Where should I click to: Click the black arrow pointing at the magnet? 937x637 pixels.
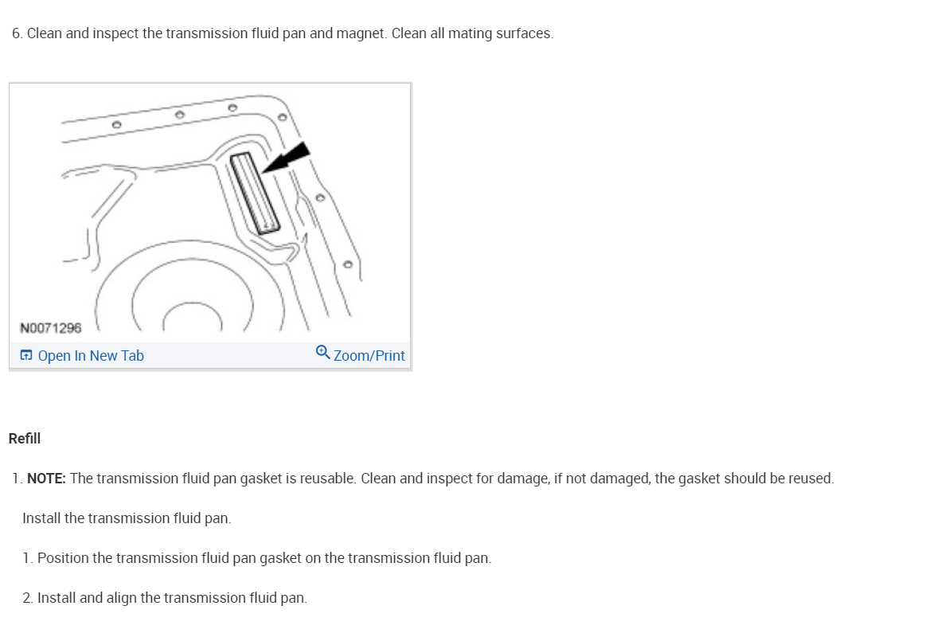click(287, 158)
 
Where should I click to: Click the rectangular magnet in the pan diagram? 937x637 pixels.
click(256, 193)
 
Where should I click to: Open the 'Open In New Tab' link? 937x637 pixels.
click(91, 356)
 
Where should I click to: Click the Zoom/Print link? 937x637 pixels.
click(369, 356)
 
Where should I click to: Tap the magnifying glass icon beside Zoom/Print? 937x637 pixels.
click(322, 352)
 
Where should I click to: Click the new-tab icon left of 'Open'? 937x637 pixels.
click(26, 356)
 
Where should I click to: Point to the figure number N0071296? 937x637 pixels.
click(51, 328)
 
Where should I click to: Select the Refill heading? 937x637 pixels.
click(25, 439)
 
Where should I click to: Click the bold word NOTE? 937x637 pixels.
click(47, 479)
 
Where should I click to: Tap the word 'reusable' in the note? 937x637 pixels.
click(327, 479)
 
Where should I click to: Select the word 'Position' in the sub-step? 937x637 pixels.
click(63, 558)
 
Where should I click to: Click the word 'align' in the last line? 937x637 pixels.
click(121, 598)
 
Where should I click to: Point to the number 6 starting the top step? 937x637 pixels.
click(16, 33)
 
